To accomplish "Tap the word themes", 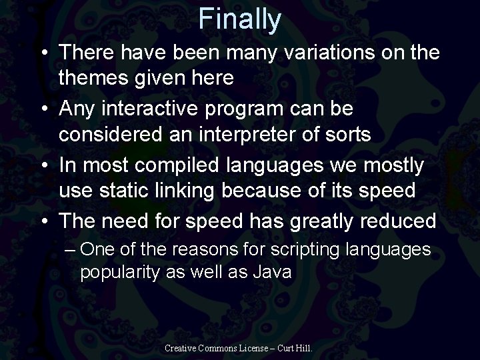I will [x=97, y=79].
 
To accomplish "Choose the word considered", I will [x=111, y=134].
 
